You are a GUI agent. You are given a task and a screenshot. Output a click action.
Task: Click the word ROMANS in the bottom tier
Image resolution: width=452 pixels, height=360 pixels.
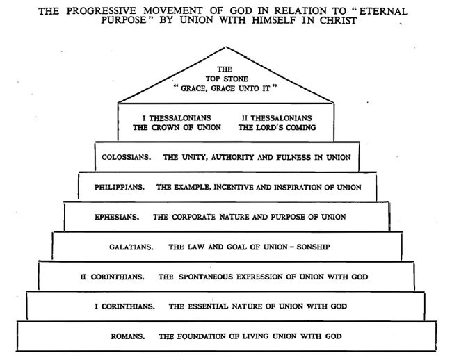coord(128,336)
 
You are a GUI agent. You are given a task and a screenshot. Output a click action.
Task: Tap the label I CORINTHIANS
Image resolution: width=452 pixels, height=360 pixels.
coord(124,306)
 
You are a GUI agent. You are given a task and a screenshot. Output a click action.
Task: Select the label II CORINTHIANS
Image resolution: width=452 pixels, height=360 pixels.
coord(112,277)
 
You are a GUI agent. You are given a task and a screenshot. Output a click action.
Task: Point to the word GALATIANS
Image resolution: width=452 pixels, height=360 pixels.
coord(131,247)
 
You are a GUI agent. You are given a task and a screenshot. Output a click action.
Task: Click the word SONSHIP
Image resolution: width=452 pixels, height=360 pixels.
coord(314,247)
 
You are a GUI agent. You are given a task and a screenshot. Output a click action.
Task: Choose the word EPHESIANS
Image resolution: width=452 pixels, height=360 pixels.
coord(117,217)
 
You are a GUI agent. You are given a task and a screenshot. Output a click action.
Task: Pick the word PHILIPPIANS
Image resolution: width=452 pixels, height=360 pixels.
coord(120,187)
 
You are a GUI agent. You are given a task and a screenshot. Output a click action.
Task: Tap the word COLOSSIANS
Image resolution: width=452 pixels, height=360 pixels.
coord(127,157)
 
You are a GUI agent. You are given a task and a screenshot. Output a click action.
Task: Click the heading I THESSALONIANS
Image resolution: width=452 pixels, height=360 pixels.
coord(177,118)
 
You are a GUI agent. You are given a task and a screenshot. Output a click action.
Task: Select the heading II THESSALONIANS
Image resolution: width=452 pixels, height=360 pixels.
coord(277,118)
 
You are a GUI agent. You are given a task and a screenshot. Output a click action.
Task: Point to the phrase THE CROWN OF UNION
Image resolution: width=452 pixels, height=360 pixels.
coord(177,127)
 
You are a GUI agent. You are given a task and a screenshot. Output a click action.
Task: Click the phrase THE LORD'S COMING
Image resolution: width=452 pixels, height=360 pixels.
coord(277,127)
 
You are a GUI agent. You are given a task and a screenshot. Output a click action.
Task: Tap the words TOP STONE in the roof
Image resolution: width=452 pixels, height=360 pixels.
coord(227,79)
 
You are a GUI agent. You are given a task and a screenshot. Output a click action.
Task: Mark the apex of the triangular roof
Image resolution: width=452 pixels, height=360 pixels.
coord(226,47)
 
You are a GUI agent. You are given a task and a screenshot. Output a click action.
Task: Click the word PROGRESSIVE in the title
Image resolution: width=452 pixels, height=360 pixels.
coord(102,11)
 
